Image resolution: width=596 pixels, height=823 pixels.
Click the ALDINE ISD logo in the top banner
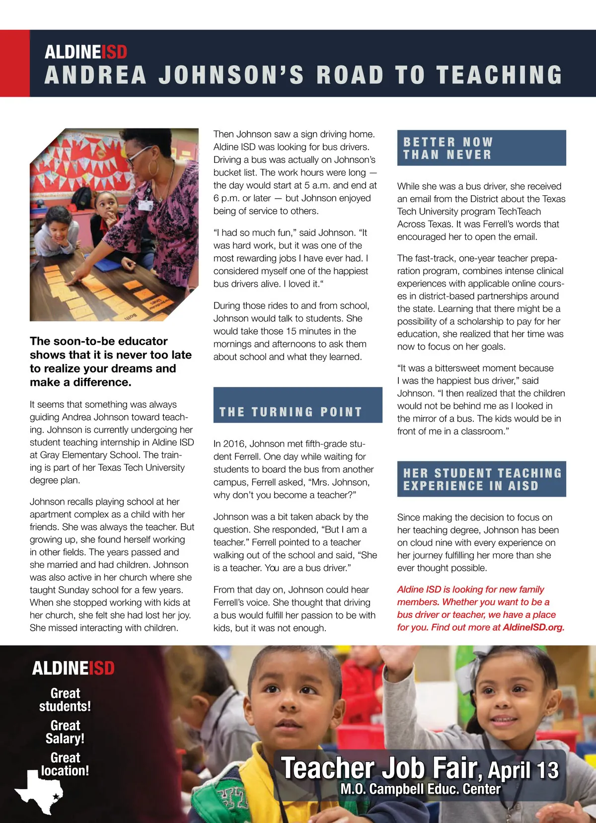(x=85, y=52)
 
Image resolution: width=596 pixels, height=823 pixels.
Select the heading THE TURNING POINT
(x=291, y=412)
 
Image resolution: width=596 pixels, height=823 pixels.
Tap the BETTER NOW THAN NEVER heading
(x=448, y=148)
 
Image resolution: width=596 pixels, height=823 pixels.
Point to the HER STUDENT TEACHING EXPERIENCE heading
(x=482, y=479)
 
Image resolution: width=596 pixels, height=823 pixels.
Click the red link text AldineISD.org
(x=533, y=627)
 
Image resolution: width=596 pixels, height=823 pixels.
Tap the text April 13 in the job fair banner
(x=523, y=770)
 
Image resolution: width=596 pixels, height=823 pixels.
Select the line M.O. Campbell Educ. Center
(x=420, y=789)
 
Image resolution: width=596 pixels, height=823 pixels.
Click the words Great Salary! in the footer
(x=65, y=732)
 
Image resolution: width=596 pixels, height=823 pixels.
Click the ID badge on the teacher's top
(x=145, y=204)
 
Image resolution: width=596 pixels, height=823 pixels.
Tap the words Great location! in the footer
(x=65, y=764)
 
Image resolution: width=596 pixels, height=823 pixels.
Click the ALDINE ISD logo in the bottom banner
(x=73, y=669)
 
